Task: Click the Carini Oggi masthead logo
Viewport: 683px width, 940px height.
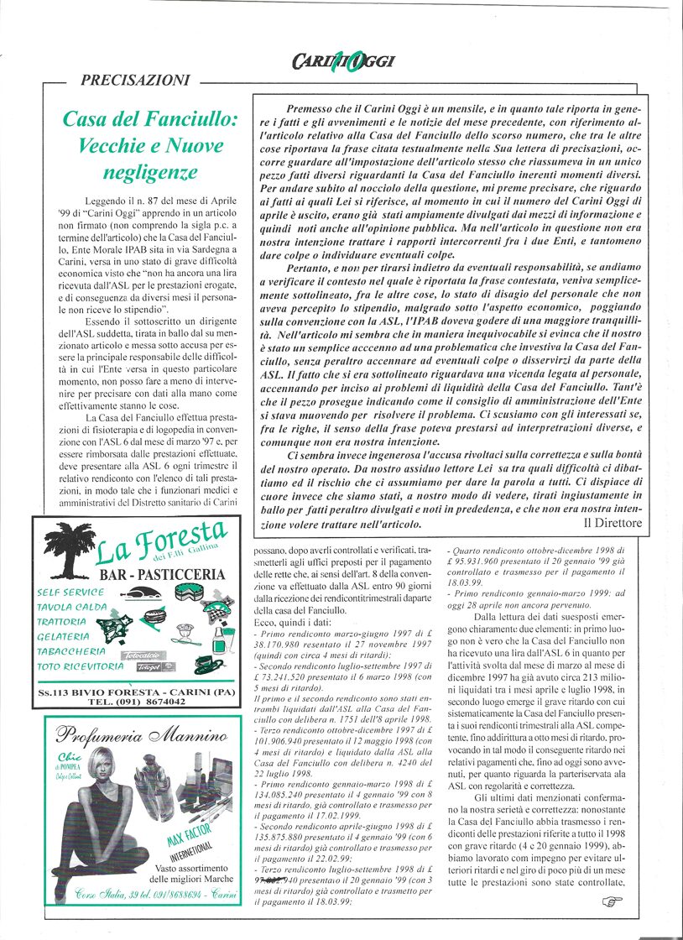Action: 343,60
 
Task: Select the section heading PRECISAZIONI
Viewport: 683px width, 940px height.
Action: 135,81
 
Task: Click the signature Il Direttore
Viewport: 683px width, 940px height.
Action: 613,523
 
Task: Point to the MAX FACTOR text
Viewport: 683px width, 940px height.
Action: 190,842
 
